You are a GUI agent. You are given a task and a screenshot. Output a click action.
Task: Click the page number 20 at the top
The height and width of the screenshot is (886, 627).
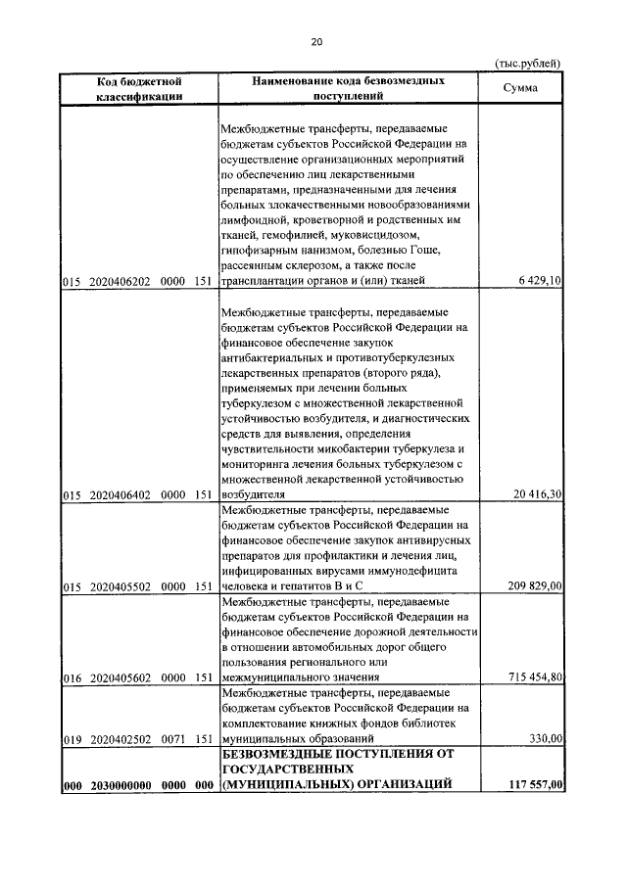click(315, 41)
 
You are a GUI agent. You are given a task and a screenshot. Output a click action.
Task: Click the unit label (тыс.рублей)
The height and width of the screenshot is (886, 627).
click(527, 64)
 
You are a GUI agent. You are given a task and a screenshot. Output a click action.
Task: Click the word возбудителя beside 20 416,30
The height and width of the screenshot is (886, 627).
click(253, 495)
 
